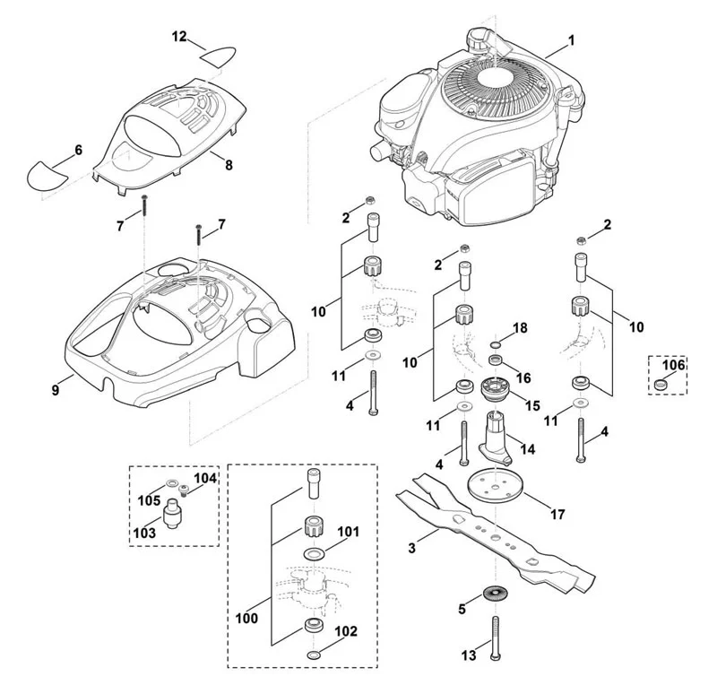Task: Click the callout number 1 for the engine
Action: (571, 40)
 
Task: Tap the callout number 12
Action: (180, 36)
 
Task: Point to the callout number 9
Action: (56, 390)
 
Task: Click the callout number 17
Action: (557, 514)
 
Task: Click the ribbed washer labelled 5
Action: (496, 594)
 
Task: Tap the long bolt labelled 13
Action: (495, 638)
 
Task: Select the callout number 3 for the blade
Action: (411, 548)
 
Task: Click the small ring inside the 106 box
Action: (659, 384)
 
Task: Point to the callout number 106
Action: (674, 365)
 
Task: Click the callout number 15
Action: (532, 406)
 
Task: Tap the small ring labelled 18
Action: (496, 344)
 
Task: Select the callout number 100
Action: (247, 618)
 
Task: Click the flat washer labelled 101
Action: (314, 554)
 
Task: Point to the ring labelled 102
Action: (314, 655)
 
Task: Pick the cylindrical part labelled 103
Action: (173, 514)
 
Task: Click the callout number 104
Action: (205, 478)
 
